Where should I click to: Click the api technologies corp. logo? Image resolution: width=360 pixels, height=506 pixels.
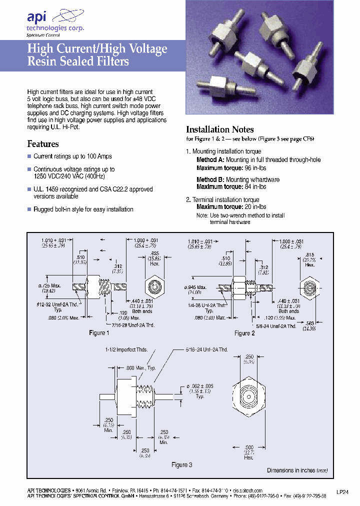[55, 22]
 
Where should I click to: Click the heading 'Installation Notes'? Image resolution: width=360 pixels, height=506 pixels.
[219, 129]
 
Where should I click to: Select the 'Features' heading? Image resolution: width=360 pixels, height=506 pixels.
[42, 144]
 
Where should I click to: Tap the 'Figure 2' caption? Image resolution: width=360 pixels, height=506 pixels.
[245, 333]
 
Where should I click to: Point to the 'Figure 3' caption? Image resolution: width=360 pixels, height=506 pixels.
[182, 465]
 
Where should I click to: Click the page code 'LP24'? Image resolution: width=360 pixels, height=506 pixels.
[342, 491]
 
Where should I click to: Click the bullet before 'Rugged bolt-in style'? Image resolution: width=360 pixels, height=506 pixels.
[29, 209]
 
